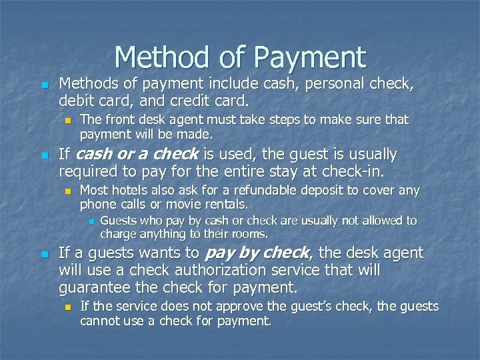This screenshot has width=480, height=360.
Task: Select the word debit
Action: pyautogui.click(x=77, y=101)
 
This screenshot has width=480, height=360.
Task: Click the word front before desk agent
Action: pyautogui.click(x=117, y=119)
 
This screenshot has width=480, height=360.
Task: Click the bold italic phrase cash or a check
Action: pyautogui.click(x=137, y=155)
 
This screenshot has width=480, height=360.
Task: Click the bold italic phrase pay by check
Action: pyautogui.click(x=257, y=253)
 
